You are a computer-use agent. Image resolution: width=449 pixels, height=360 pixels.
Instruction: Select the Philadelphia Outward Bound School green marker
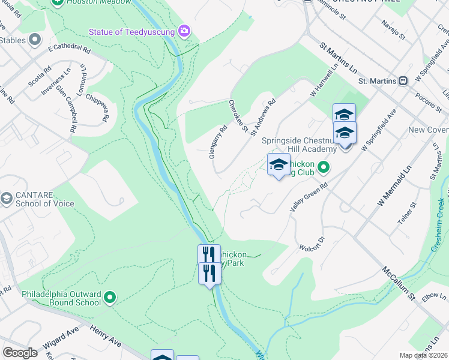point(109,296)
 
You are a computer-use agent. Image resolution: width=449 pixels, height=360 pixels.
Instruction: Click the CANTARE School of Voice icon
point(7,198)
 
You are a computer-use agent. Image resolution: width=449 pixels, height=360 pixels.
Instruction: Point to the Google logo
point(20,353)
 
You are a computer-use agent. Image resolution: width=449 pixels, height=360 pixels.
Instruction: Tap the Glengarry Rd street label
point(218,141)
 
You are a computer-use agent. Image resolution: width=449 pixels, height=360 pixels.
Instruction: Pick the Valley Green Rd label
point(308,197)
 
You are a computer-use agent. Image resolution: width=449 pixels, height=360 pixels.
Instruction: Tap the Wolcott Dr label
point(312,244)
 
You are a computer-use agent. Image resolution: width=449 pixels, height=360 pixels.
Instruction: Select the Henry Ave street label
point(106,337)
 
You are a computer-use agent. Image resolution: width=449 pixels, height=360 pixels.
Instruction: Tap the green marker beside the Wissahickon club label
point(323,167)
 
